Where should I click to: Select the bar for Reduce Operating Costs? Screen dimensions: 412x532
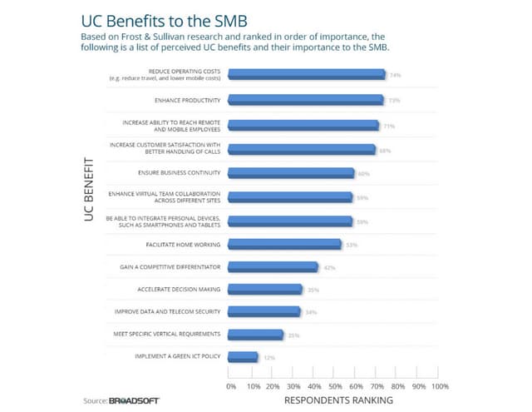pos(306,75)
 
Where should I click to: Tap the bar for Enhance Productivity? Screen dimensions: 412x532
pos(305,101)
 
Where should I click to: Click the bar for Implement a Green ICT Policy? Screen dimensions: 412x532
pos(243,356)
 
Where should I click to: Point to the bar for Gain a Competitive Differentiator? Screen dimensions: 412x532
pos(273,267)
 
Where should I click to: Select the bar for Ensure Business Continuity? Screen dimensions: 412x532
pos(291,173)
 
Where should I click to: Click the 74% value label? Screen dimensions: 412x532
pos(395,75)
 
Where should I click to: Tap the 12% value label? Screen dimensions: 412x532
pos(268,357)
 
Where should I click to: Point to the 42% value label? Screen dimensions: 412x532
pos(329,268)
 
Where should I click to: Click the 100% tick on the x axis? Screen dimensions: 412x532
pos(440,387)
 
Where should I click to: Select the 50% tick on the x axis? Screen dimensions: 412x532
pos(335,387)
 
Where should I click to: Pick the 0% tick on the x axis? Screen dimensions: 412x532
pos(231,387)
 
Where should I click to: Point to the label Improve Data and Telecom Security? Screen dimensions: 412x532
pos(167,311)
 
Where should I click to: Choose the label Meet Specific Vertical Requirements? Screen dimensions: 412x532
pos(166,334)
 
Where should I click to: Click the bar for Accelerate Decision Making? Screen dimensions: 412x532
pos(265,290)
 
